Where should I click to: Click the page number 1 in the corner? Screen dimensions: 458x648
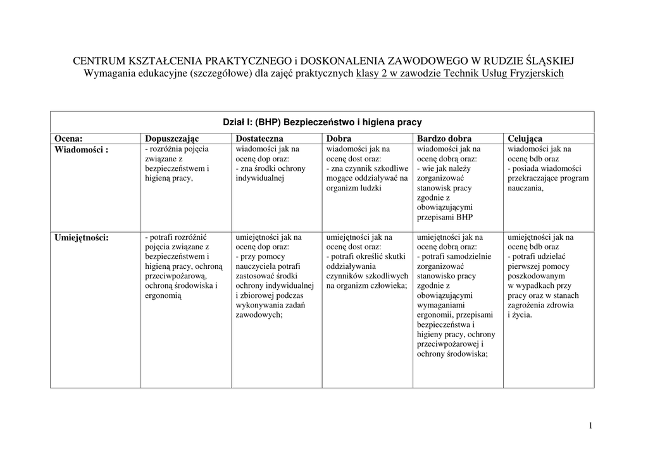click(590, 426)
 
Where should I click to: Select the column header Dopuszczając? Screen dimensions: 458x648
click(171, 139)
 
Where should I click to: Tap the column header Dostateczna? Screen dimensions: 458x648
click(259, 139)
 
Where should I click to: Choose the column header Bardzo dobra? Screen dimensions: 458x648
click(444, 139)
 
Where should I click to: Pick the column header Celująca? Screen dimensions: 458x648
click(525, 139)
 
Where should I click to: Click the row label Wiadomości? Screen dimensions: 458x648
click(81, 150)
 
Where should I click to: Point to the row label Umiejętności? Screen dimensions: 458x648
click(82, 238)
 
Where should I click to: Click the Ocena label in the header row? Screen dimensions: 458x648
click(69, 139)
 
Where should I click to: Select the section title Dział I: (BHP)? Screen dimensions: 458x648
click(322, 122)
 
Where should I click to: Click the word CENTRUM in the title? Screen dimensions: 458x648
click(99, 61)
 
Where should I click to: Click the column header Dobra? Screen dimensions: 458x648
click(339, 139)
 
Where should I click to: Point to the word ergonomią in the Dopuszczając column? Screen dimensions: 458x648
click(163, 295)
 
